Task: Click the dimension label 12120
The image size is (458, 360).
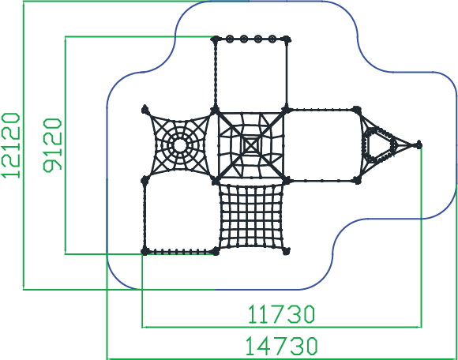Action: pyautogui.click(x=11, y=145)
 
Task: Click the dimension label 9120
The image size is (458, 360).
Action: pyautogui.click(x=53, y=144)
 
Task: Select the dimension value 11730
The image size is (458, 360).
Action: pyautogui.click(x=282, y=314)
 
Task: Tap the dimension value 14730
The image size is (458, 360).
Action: pyautogui.click(x=282, y=346)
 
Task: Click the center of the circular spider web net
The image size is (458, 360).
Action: pyautogui.click(x=180, y=145)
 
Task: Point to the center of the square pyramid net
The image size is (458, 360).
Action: pyautogui.click(x=250, y=144)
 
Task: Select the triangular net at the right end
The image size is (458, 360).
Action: pyautogui.click(x=383, y=145)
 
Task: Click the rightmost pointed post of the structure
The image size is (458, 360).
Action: pyautogui.click(x=419, y=144)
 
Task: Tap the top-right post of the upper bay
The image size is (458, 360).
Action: pyautogui.click(x=287, y=39)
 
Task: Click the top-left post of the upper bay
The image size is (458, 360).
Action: pyautogui.click(x=216, y=39)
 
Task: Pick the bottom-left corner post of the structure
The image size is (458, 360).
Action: pyautogui.click(x=145, y=251)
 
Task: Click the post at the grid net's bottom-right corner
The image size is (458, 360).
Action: pyautogui.click(x=287, y=251)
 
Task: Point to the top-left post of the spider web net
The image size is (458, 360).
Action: pyautogui.click(x=145, y=110)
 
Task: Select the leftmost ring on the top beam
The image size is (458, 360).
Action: pyautogui.click(x=230, y=39)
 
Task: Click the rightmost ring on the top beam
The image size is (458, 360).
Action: pyautogui.click(x=272, y=39)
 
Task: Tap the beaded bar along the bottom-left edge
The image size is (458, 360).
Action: pyautogui.click(x=180, y=251)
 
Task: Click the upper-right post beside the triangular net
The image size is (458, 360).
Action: pyautogui.click(x=356, y=110)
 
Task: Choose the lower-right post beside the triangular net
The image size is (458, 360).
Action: pyautogui.click(x=357, y=180)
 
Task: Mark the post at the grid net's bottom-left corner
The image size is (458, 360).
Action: pyautogui.click(x=216, y=251)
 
